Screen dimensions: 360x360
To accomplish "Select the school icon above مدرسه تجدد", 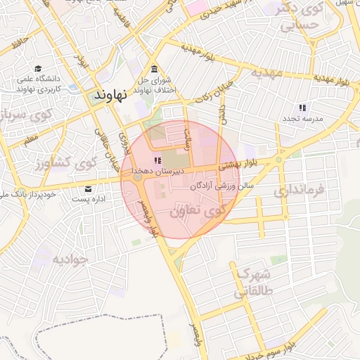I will tap(302, 108).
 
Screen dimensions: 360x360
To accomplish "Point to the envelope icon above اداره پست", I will tap(89, 188).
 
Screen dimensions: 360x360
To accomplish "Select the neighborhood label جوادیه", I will tap(70, 259).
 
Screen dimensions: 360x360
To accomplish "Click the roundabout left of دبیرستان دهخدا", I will tap(137, 179).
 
